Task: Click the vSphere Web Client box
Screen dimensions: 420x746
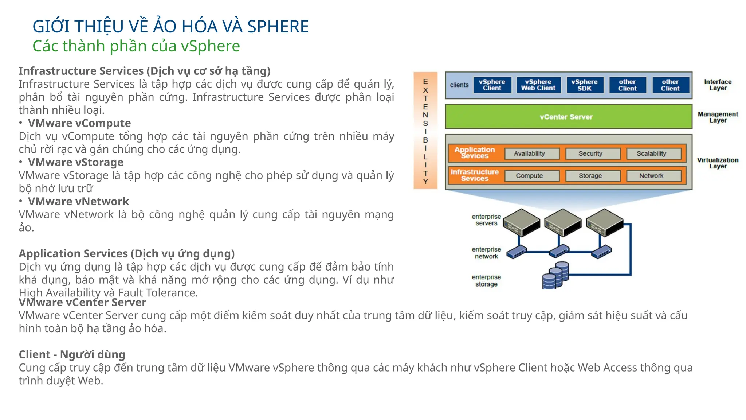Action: tap(538, 85)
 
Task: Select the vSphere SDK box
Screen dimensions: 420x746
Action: tap(584, 85)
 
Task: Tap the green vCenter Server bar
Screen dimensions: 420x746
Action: tap(568, 117)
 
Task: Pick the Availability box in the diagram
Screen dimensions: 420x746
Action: tap(531, 154)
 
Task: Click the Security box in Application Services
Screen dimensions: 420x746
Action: tap(592, 154)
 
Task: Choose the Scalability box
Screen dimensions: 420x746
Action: tap(653, 154)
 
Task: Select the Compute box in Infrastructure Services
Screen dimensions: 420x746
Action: tap(531, 176)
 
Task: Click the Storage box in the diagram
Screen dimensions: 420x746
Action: tap(592, 176)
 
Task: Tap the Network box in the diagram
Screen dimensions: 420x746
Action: tap(653, 176)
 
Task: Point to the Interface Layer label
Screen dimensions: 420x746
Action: tap(718, 85)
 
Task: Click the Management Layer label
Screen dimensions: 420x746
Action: tap(718, 117)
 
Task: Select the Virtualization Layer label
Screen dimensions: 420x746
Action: tap(718, 163)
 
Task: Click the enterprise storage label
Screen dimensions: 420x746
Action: tap(486, 281)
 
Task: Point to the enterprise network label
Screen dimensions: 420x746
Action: tap(486, 253)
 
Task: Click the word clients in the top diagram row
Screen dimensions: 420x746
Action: tap(459, 85)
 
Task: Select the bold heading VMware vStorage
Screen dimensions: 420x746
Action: tap(75, 162)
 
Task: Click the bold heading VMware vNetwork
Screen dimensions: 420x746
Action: tap(78, 201)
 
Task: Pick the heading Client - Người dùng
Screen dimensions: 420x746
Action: tap(72, 354)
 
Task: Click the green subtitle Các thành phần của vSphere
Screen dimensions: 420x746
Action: tap(136, 46)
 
